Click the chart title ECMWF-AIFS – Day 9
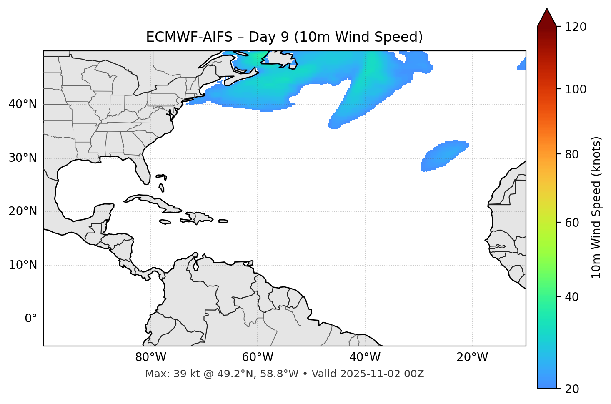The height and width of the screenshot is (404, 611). click(284, 37)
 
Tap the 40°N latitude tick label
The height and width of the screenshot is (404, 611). click(23, 104)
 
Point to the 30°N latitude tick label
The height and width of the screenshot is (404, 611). click(23, 158)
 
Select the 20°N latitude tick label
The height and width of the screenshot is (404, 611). click(23, 211)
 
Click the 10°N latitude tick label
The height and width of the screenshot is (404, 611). click(23, 265)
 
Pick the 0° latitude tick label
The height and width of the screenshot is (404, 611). click(31, 319)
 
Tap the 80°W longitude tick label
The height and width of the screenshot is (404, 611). click(150, 357)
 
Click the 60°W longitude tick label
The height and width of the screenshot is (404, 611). click(258, 357)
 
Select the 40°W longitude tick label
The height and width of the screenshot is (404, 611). click(365, 357)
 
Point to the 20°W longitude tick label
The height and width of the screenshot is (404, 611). click(472, 357)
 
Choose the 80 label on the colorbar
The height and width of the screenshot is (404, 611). click(574, 154)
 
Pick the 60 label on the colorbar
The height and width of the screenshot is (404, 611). click(574, 223)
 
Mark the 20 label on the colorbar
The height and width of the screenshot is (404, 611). click(574, 389)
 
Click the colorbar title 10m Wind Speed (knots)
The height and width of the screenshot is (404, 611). click(596, 207)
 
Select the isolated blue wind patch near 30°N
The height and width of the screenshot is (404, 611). click(444, 155)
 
